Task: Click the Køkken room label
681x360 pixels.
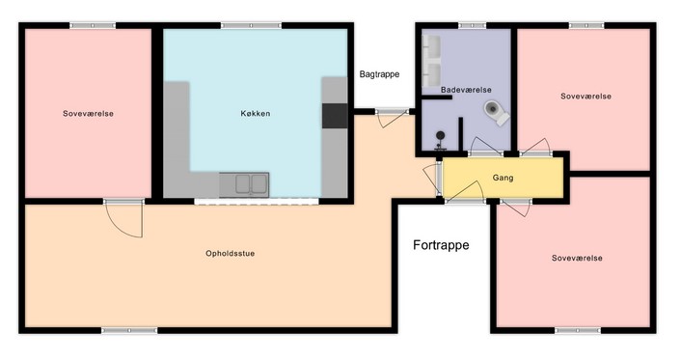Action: point(256,114)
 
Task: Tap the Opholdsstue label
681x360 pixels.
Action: point(231,254)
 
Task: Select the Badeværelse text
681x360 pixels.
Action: point(466,90)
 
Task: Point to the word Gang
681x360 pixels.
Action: point(503,178)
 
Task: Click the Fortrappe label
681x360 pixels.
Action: point(441,245)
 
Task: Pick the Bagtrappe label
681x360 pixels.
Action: point(379,74)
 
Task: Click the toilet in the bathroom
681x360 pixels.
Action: point(497,112)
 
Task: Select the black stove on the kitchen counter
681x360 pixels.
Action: point(335,116)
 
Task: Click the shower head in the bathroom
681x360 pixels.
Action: point(441,136)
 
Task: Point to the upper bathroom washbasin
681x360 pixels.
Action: point(431,46)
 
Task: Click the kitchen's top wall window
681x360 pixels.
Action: point(251,26)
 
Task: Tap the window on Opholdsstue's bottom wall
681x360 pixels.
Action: point(129,331)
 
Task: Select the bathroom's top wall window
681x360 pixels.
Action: point(472,26)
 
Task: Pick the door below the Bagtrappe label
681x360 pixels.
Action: point(392,112)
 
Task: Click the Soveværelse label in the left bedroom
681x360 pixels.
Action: point(88,114)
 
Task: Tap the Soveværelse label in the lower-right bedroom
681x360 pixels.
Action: point(577,259)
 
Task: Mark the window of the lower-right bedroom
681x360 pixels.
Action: point(578,331)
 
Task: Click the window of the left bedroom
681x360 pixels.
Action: point(93,26)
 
